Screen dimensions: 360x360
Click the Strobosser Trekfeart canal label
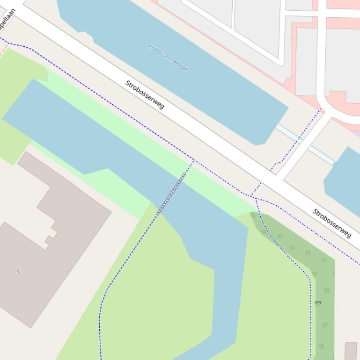(168, 58)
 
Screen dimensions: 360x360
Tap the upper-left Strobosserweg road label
(145, 94)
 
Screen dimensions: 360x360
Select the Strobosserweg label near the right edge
(332, 223)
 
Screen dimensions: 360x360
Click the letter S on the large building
(19, 272)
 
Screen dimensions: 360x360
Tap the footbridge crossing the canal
(171, 193)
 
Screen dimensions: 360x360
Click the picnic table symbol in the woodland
(318, 303)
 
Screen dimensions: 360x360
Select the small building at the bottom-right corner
(351, 350)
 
